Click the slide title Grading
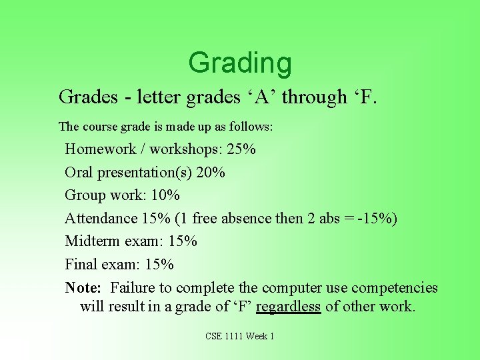pos(240,63)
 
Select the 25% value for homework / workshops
pos(241,149)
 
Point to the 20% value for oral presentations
pos(211,173)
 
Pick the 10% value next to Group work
pos(165,195)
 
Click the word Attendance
pos(101,219)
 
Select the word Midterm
pos(93,241)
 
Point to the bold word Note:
pos(83,288)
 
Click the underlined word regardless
pos(288,307)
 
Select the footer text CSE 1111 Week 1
pos(240,336)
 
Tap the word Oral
pos(79,173)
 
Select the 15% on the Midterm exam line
pos(182,241)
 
